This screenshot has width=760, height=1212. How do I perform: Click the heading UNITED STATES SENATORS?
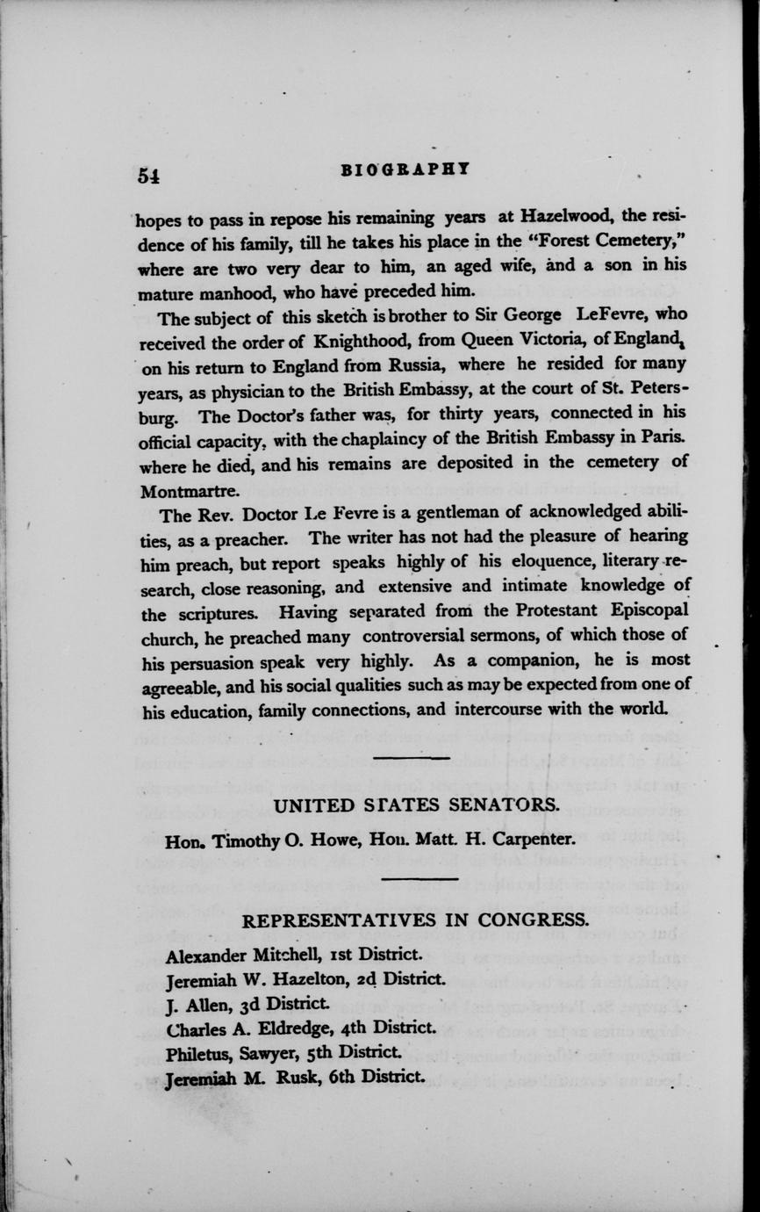[x=417, y=805]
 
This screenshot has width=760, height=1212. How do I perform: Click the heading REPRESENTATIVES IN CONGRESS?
[x=415, y=920]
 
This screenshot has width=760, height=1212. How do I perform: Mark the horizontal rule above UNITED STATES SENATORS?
[x=411, y=757]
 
